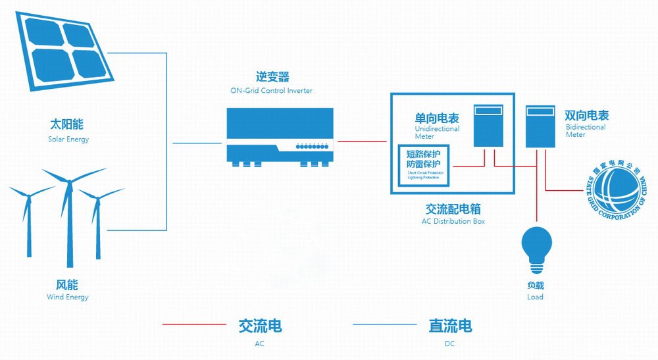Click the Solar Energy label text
(x=68, y=140)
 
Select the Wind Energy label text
(x=67, y=297)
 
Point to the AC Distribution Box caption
(x=453, y=222)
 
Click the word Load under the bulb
(x=535, y=297)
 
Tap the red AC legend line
(x=194, y=324)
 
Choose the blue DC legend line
(x=385, y=324)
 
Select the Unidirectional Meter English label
(x=436, y=132)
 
